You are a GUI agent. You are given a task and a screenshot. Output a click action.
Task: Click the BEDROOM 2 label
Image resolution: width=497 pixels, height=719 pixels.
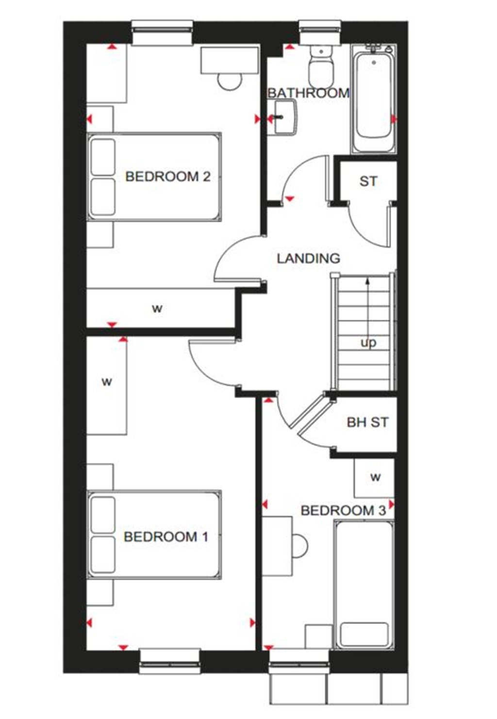(167, 176)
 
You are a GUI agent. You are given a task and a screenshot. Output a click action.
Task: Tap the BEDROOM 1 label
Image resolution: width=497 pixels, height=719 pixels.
(166, 536)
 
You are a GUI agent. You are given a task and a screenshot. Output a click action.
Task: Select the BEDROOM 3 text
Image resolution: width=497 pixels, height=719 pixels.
(343, 510)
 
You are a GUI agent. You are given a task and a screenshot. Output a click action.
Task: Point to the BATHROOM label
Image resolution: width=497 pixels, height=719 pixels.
(308, 93)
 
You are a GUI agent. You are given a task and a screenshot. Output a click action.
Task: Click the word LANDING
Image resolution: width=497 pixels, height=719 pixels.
(308, 258)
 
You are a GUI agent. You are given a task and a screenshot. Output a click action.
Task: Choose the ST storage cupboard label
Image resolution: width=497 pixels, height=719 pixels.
(368, 182)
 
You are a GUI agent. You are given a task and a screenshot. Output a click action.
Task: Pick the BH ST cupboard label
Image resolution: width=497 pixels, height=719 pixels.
(367, 422)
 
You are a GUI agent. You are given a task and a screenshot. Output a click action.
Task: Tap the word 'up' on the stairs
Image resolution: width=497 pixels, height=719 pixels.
(368, 343)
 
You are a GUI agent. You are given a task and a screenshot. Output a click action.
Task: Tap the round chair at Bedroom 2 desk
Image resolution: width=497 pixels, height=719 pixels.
(229, 81)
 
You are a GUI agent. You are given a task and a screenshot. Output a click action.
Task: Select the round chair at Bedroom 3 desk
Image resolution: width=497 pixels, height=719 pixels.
(299, 546)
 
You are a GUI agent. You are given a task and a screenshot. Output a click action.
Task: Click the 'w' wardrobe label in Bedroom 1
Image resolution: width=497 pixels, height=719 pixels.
(107, 382)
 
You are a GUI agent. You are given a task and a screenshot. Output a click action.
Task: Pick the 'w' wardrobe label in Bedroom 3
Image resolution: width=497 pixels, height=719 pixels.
(375, 477)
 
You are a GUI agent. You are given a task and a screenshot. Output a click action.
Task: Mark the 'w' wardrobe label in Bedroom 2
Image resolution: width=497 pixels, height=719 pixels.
(157, 308)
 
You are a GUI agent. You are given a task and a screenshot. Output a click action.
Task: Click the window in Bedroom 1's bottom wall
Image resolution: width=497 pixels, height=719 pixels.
(169, 661)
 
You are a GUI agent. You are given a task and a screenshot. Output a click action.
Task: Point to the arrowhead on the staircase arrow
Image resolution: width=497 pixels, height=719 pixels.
(368, 280)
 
